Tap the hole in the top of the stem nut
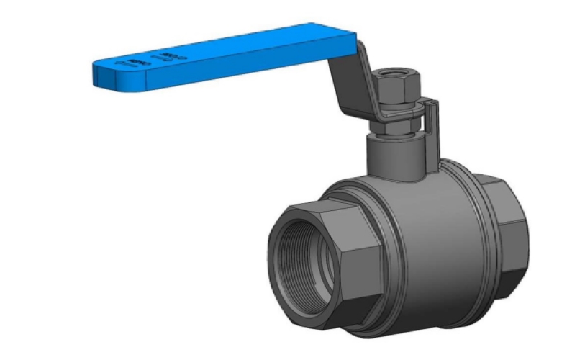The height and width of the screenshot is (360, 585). tap(393, 73)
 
